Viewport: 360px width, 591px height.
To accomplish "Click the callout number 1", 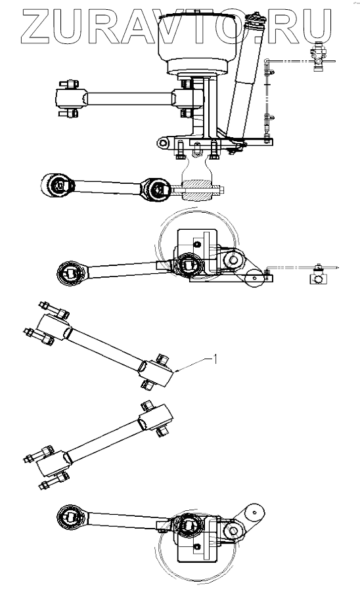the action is point(215,359).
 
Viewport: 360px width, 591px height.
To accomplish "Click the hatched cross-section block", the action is point(196,190).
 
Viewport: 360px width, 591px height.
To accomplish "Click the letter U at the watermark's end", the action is point(316,26).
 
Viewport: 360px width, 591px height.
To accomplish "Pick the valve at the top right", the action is point(317,58).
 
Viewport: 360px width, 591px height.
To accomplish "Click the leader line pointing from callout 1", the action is point(193,365).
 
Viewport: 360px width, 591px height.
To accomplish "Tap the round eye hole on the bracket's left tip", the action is point(163,142).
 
